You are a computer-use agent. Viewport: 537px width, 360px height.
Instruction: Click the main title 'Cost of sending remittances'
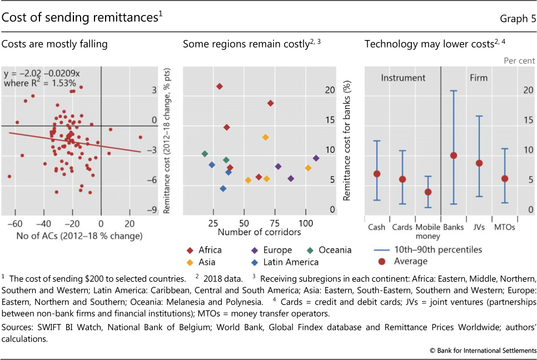pyautogui.click(x=81, y=18)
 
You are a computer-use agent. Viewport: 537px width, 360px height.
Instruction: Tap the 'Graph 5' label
pyautogui.click(x=518, y=18)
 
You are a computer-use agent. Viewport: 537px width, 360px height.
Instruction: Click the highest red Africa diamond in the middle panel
pyautogui.click(x=220, y=86)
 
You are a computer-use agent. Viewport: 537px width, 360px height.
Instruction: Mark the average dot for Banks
pyautogui.click(x=454, y=155)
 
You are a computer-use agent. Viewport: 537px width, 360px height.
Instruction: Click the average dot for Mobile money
pyautogui.click(x=428, y=192)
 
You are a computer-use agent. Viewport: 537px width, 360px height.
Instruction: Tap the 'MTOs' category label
pyautogui.click(x=504, y=227)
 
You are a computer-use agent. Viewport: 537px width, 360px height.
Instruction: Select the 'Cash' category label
pyautogui.click(x=377, y=227)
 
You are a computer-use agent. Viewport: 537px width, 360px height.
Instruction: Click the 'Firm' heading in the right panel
pyautogui.click(x=479, y=78)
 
